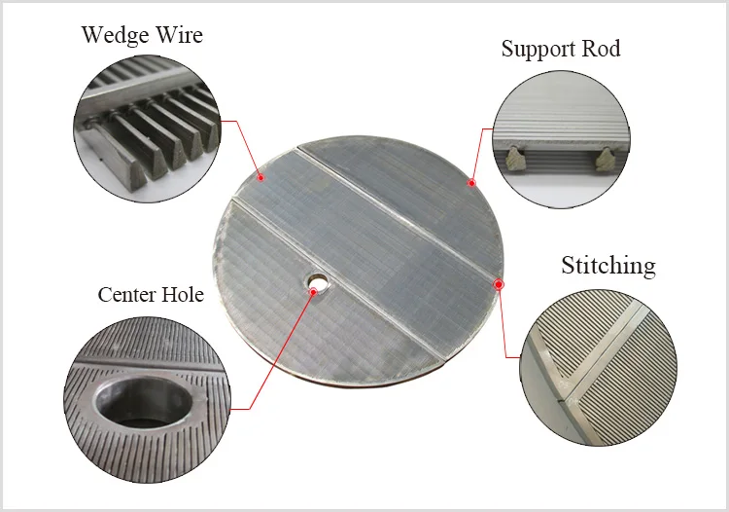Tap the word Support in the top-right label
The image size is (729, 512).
pos(538,49)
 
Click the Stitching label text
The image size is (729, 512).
pos(607,266)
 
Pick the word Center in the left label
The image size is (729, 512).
pos(127,294)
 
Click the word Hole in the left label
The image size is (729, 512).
pos(182,294)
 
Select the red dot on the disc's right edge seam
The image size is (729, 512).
pos(499,284)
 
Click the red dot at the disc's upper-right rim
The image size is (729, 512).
pos(471,182)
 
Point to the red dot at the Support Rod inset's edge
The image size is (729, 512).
pos(493,128)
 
